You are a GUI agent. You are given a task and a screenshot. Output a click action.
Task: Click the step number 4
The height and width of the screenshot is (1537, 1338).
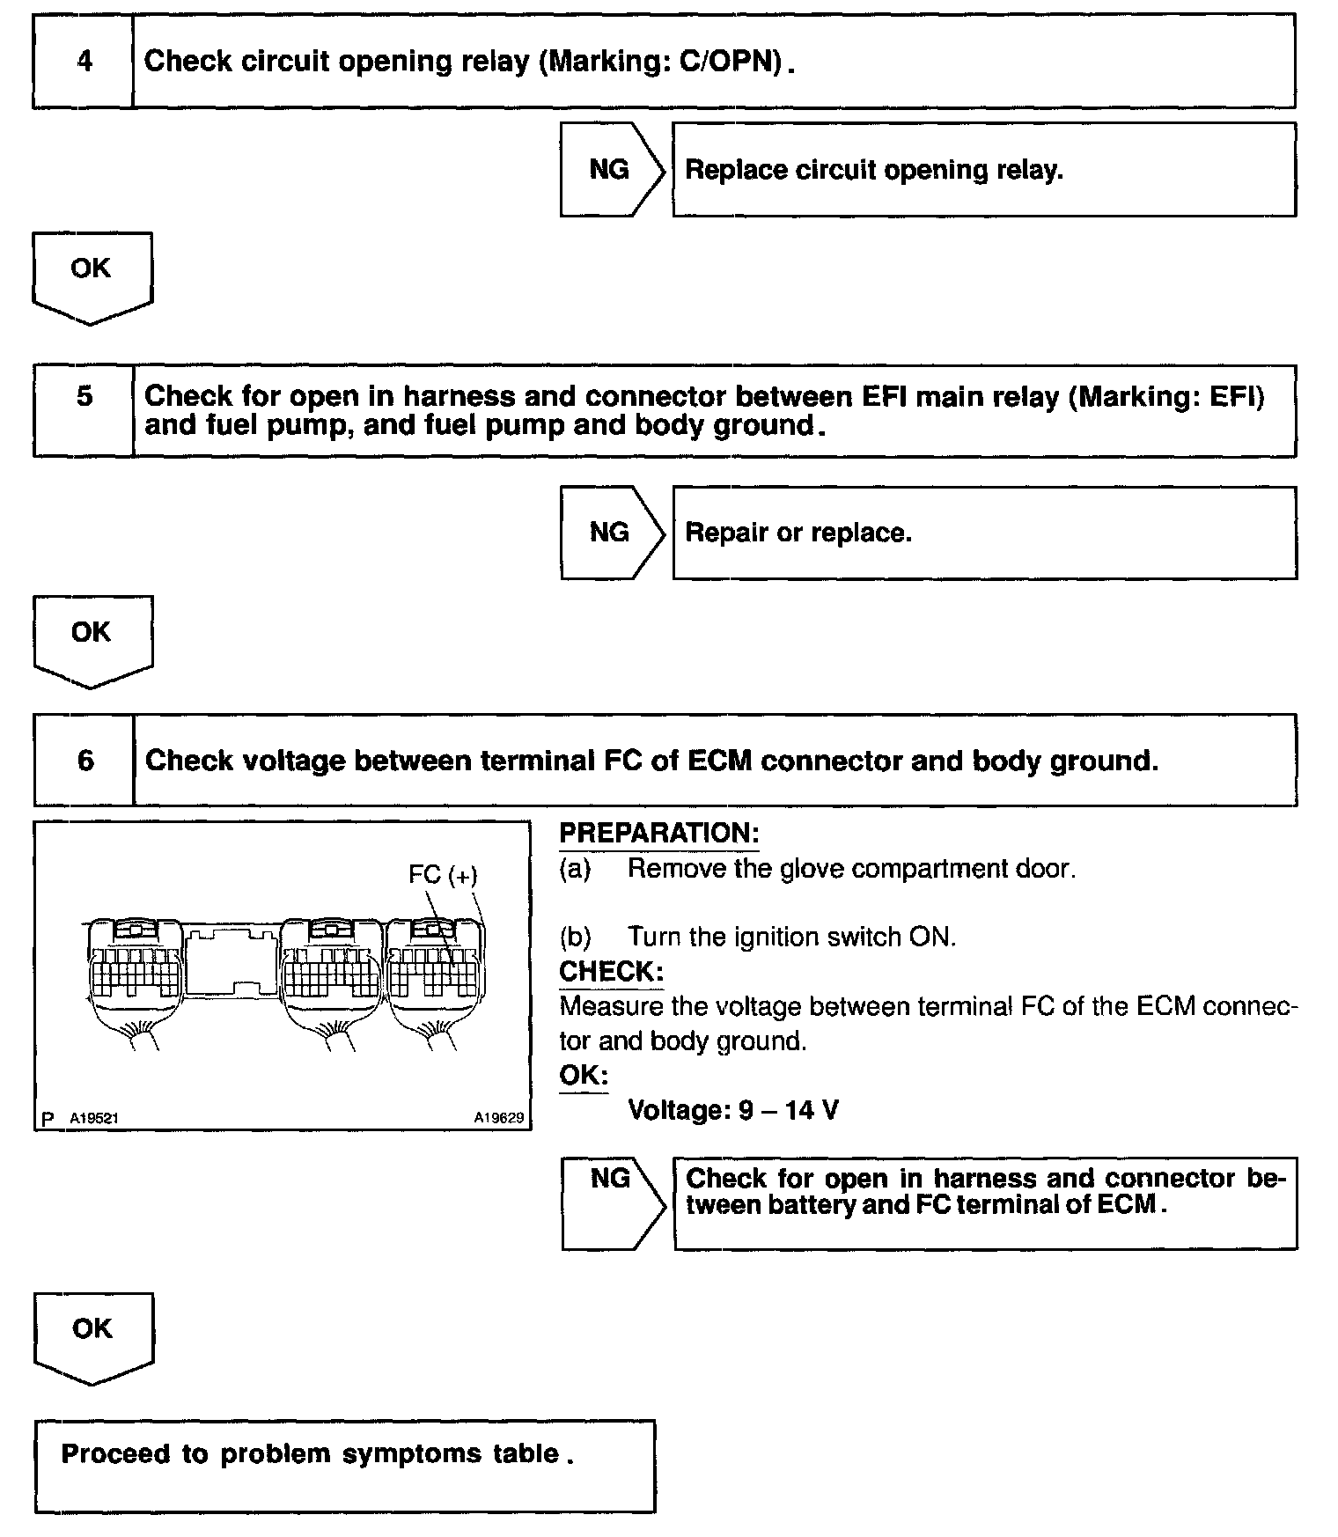(x=84, y=62)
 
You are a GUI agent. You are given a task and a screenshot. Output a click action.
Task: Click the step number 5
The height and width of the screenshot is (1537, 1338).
(x=84, y=396)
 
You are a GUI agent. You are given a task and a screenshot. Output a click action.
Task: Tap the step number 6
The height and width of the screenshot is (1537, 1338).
(x=85, y=761)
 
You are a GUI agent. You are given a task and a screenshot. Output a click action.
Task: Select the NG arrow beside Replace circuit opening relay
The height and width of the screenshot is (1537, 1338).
(x=611, y=169)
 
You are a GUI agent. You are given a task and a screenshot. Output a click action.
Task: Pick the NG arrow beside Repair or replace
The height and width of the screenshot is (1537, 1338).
(x=611, y=533)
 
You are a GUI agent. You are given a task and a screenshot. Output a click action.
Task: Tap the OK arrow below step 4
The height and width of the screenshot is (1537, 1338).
(x=92, y=273)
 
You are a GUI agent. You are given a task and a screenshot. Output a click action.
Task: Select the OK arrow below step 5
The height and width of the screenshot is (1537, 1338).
(x=92, y=636)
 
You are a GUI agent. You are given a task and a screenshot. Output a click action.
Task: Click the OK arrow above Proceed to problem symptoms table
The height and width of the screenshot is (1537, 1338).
(x=92, y=1334)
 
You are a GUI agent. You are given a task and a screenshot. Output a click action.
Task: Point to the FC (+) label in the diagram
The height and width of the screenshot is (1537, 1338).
(x=443, y=875)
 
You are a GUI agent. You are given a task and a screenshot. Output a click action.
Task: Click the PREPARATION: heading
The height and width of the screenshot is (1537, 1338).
(x=658, y=833)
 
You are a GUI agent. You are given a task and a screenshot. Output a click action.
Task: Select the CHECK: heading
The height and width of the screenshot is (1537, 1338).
(x=611, y=972)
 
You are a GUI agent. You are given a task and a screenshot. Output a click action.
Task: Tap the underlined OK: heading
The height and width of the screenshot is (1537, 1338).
(x=583, y=1076)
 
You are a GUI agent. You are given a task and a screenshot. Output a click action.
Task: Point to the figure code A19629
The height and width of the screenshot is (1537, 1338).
(x=498, y=1118)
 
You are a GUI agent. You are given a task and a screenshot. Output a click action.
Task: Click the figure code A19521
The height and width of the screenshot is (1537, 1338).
(x=93, y=1118)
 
